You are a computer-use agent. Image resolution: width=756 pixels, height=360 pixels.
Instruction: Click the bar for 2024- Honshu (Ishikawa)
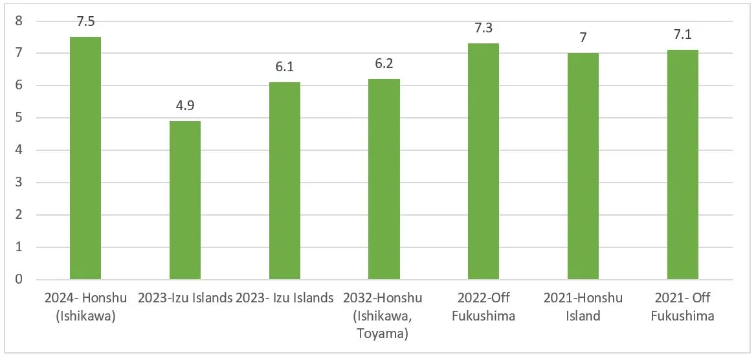pos(85,159)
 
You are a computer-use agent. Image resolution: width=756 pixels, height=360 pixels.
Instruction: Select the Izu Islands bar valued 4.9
pos(185,201)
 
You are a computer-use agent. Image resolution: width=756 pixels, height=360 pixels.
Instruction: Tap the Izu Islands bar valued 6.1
pos(285,181)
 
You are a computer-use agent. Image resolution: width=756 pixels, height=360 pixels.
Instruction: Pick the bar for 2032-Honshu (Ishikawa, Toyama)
pos(384,179)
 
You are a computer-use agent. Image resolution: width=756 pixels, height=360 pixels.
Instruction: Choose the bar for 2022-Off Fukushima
pos(484,162)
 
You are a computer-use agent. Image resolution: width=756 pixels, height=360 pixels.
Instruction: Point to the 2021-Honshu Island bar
pos(583,166)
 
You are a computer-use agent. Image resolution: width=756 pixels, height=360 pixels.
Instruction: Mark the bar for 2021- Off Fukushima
pos(683,165)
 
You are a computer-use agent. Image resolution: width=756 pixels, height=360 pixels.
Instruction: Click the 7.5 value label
pos(85,21)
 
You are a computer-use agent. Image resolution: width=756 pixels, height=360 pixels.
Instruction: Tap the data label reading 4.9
pos(185,106)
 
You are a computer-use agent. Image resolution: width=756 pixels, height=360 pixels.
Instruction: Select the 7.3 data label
pos(484,28)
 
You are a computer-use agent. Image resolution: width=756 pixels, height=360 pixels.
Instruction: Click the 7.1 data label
pos(683,34)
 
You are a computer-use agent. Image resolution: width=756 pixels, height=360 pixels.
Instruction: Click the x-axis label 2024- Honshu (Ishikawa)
pos(85,307)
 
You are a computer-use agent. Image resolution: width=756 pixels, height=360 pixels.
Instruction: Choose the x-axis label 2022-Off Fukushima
pos(484,307)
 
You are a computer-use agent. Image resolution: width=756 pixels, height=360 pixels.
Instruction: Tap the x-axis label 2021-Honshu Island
pos(583,307)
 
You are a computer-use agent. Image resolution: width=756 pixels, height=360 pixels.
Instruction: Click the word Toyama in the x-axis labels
pos(384,334)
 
